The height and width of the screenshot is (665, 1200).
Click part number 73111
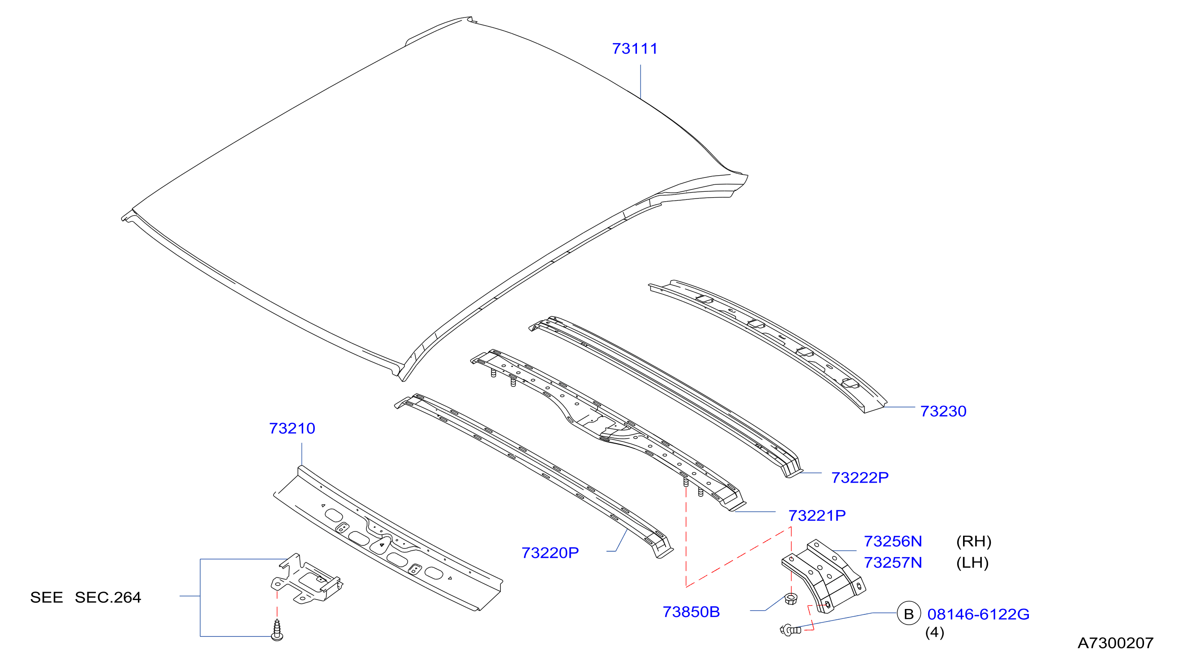pos(634,48)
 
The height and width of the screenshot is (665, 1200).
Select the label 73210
pos(292,428)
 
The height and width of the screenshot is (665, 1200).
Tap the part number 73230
pos(943,411)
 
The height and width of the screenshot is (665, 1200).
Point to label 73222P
pos(860,477)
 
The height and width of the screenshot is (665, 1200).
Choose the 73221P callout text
pos(817,515)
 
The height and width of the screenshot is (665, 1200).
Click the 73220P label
pos(550,553)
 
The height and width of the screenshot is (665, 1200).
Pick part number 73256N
pos(893,541)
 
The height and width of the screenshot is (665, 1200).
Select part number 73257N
pos(893,562)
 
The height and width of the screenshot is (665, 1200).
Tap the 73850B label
pos(691,611)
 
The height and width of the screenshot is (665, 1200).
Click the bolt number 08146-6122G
pos(978,614)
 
